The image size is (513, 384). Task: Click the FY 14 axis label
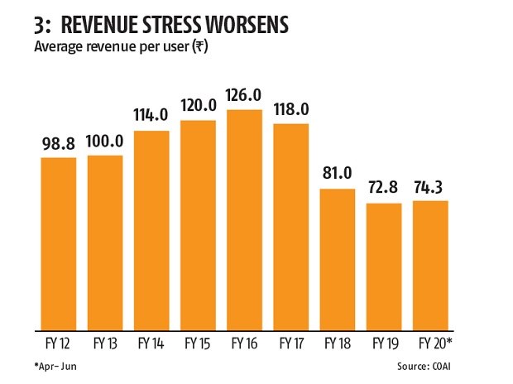[151, 342]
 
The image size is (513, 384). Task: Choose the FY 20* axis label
[431, 342]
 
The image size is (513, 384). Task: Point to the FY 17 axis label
[290, 342]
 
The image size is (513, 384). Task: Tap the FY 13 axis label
[105, 342]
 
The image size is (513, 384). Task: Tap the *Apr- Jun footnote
[57, 365]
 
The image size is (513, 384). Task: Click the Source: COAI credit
[450, 365]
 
